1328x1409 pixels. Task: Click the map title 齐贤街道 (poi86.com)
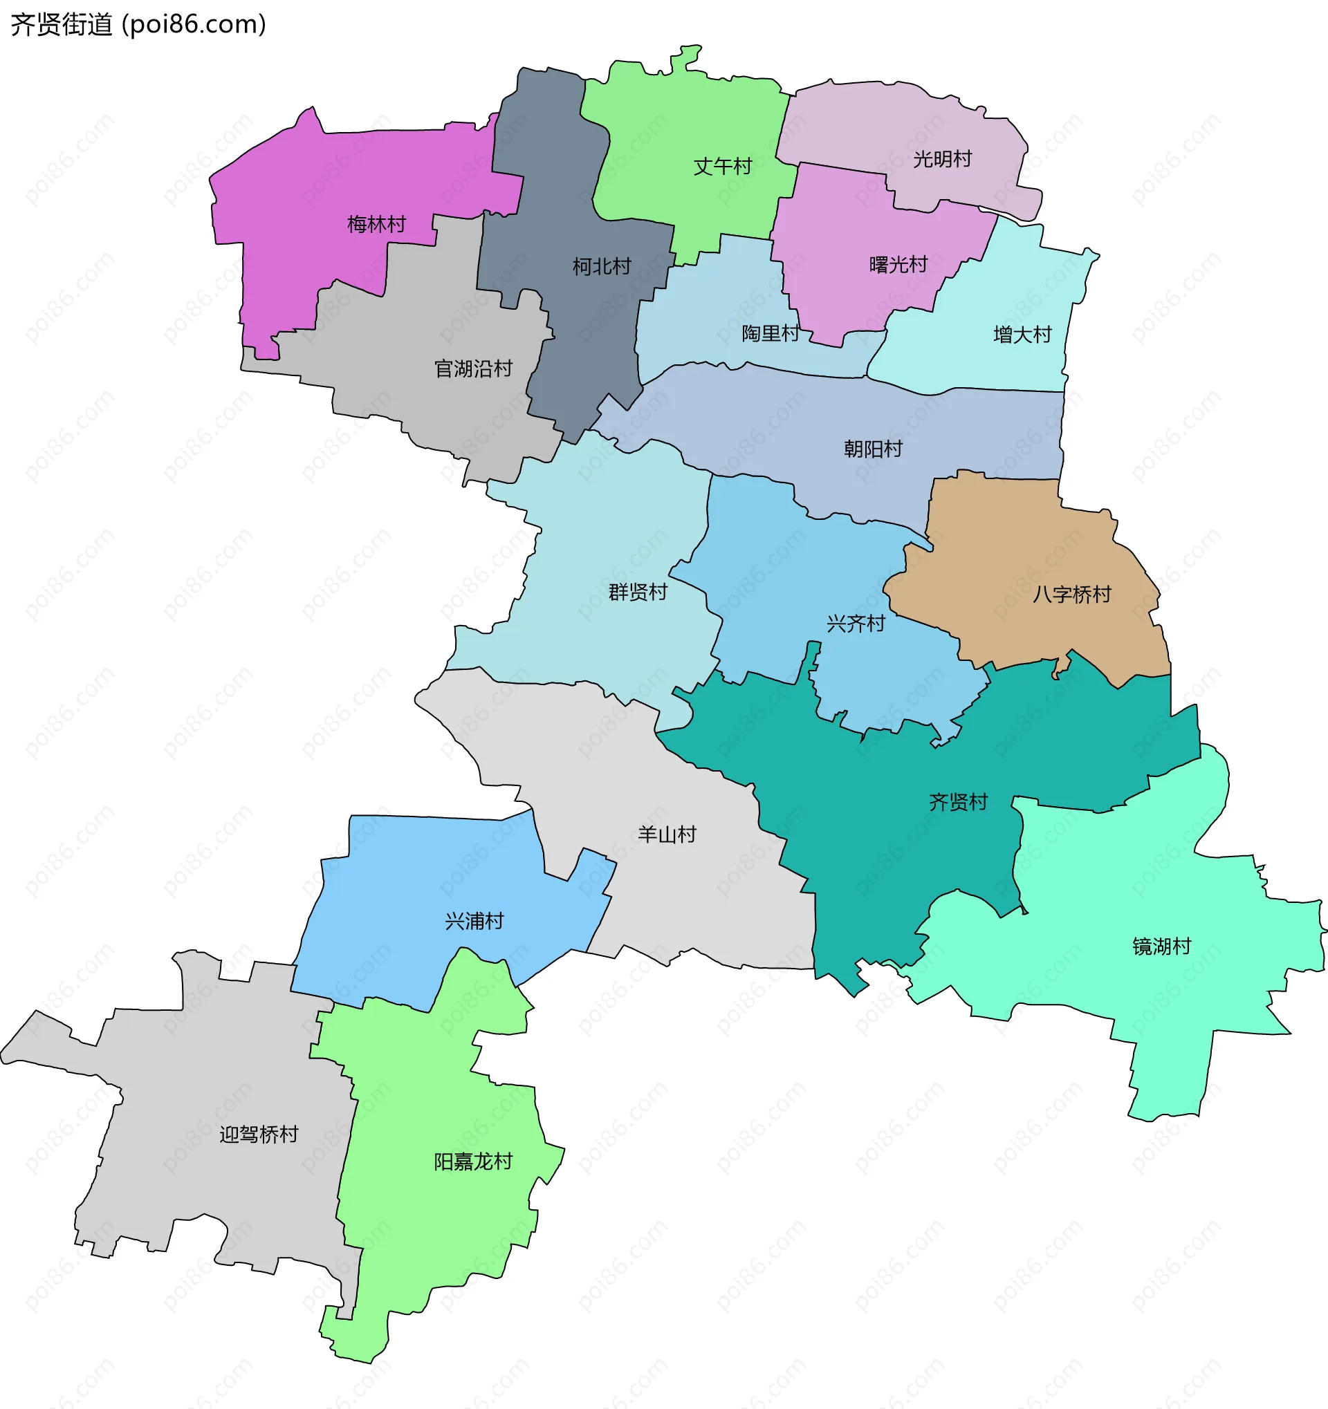(x=138, y=25)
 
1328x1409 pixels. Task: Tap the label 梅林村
(x=376, y=225)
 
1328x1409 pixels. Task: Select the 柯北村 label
(x=602, y=266)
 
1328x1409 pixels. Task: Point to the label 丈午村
(x=723, y=167)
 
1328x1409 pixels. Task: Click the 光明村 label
(x=942, y=160)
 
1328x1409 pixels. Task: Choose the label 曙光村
(x=898, y=265)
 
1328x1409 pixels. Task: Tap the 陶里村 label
(x=771, y=333)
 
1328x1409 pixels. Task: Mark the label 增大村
(x=1022, y=335)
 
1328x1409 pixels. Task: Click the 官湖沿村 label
(x=473, y=368)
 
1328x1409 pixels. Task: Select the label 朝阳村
(x=873, y=449)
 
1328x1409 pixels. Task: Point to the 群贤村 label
(x=638, y=592)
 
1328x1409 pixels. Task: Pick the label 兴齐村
(x=856, y=624)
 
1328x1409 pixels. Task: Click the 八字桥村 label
(x=1071, y=594)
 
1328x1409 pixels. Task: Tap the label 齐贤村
(x=959, y=802)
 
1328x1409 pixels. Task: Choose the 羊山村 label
(x=667, y=834)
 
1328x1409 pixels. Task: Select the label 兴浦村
(x=474, y=922)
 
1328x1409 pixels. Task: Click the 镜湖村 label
(x=1161, y=946)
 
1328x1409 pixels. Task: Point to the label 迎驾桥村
(x=259, y=1135)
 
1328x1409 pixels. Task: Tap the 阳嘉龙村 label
(x=473, y=1161)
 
